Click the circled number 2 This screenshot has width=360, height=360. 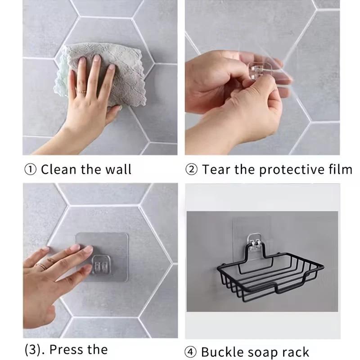click(191, 170)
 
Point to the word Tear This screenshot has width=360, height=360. click(216, 170)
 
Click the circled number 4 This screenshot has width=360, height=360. click(191, 351)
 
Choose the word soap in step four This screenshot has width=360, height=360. click(265, 351)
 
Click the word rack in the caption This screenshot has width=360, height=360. click(296, 351)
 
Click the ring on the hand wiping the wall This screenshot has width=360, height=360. click(83, 91)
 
